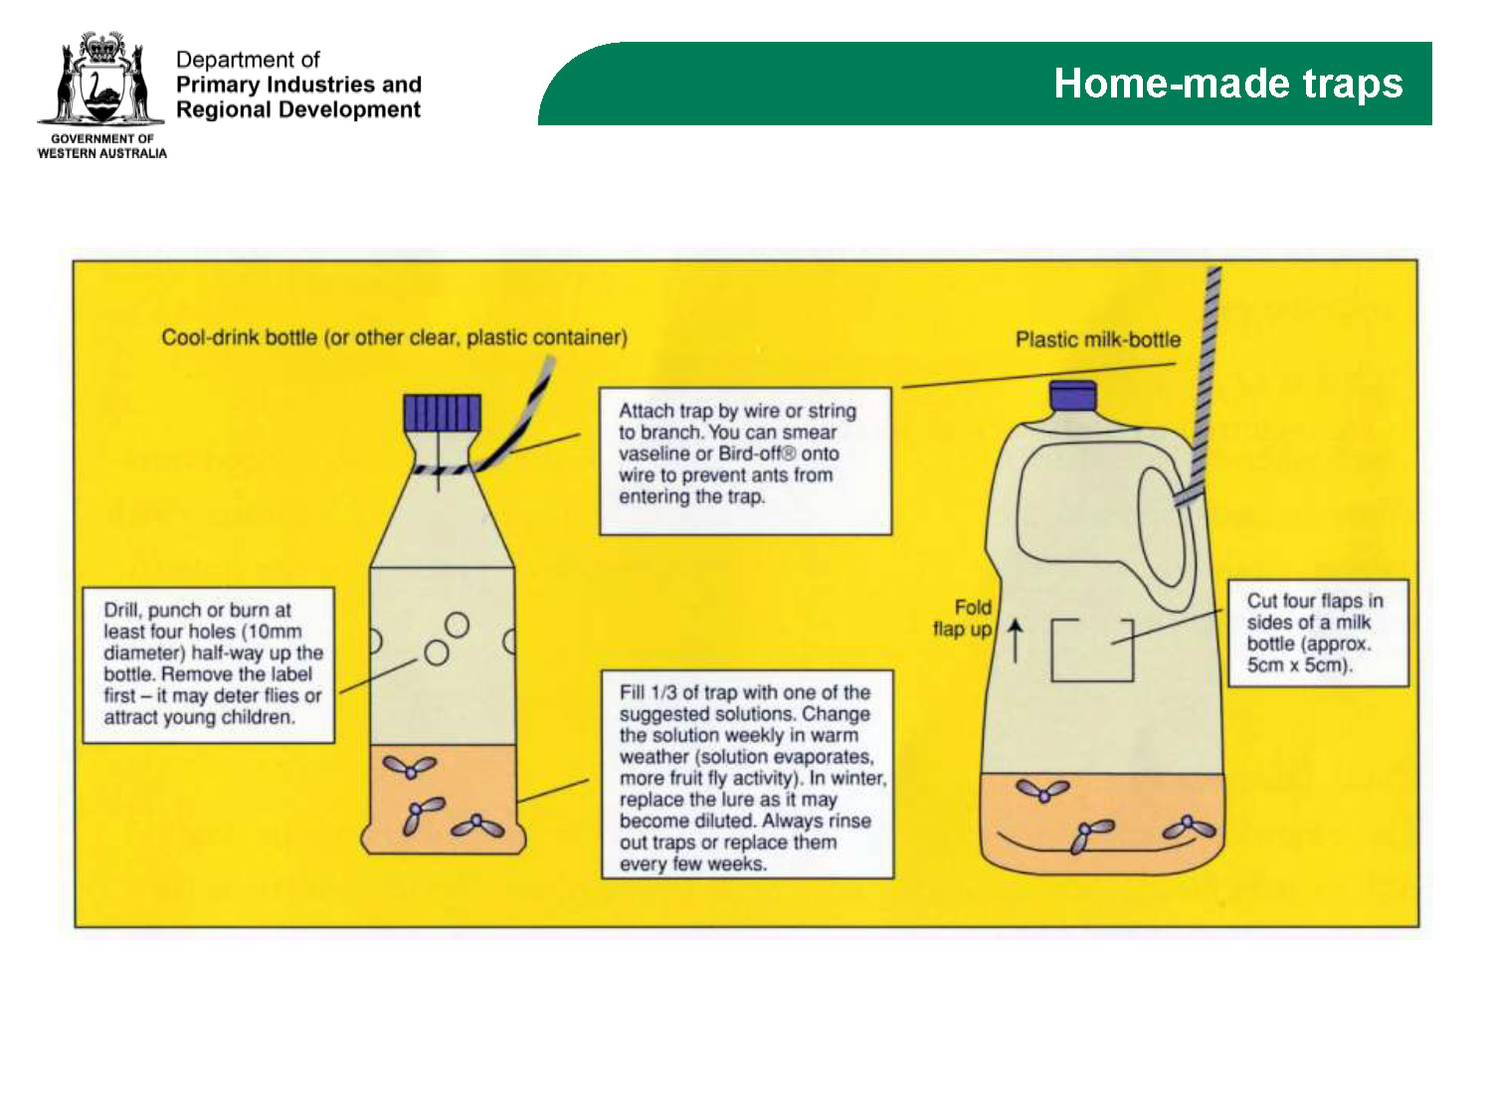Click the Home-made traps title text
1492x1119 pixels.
coord(1227,83)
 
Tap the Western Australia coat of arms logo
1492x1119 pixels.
coord(100,79)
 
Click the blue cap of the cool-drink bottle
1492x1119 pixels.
coord(442,413)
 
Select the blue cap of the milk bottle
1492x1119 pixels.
coord(1072,396)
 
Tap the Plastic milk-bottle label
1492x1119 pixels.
coord(1098,339)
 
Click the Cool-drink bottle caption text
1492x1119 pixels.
coord(394,337)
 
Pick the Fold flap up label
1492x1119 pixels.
coord(962,618)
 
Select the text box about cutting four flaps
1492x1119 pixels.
coord(1318,633)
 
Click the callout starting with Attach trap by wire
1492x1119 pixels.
coord(745,461)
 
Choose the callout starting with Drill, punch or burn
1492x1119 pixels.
coord(209,664)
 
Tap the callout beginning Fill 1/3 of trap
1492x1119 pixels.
coord(747,774)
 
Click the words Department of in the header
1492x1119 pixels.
coord(248,60)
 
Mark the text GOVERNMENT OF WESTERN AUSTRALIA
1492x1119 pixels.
coord(102,146)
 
